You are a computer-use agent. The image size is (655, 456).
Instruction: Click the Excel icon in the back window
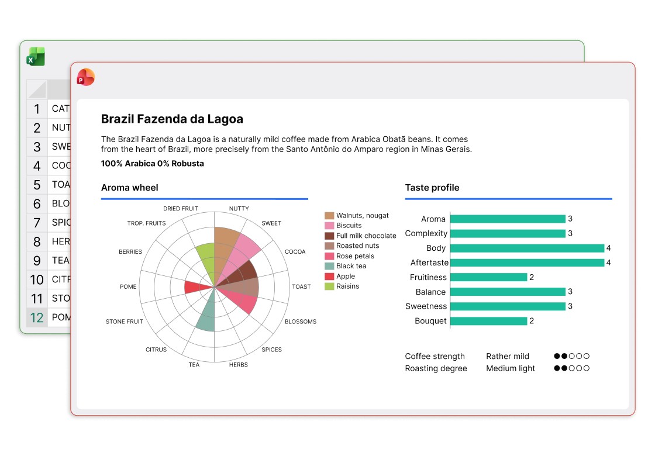click(x=36, y=56)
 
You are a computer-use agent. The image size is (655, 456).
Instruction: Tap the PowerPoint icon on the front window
click(x=85, y=77)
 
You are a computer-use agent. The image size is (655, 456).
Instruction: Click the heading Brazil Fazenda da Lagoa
click(x=172, y=119)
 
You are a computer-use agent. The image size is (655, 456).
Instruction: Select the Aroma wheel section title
click(x=129, y=188)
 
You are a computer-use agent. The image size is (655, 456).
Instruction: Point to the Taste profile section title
click(x=432, y=188)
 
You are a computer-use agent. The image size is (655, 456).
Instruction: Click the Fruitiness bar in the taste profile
click(x=488, y=277)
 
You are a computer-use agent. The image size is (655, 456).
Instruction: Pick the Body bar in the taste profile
click(x=527, y=248)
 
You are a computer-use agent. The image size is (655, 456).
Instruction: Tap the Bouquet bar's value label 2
click(x=532, y=321)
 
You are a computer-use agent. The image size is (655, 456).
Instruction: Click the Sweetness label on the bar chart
click(x=426, y=306)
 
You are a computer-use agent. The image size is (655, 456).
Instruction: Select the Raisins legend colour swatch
click(x=329, y=286)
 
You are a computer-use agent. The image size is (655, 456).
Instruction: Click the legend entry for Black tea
click(x=351, y=266)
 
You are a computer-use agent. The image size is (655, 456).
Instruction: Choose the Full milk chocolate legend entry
click(x=366, y=236)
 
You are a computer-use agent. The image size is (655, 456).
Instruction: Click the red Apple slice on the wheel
click(x=196, y=287)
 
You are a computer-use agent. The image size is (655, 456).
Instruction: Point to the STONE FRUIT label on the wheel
click(x=124, y=322)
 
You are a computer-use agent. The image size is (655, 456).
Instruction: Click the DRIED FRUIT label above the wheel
click(x=181, y=209)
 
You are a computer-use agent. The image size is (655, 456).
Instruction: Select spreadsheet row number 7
click(x=37, y=223)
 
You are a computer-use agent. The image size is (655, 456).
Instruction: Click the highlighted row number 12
click(x=37, y=317)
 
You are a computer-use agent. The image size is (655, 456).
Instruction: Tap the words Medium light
click(x=511, y=368)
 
